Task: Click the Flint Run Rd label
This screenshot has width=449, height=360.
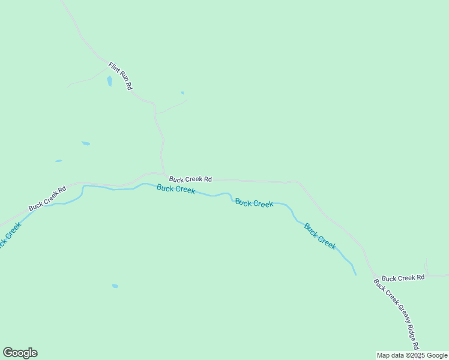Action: click(120, 76)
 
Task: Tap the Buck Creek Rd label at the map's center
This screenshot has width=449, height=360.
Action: click(190, 179)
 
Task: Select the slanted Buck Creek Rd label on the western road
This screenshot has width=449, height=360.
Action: click(47, 198)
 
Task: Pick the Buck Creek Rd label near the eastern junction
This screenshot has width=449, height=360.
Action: click(403, 278)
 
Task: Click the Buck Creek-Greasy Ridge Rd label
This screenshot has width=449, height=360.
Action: click(396, 314)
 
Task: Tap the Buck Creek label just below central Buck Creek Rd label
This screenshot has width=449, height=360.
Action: click(176, 189)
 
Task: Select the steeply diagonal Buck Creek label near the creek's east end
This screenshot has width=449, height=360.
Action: click(320, 236)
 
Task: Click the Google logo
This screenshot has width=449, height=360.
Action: click(20, 353)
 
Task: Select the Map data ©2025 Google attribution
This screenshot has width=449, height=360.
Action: click(412, 355)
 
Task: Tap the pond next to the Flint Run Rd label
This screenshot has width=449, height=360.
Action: click(109, 81)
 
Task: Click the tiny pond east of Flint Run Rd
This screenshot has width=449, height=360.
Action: click(182, 93)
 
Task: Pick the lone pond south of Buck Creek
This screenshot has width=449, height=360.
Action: click(115, 286)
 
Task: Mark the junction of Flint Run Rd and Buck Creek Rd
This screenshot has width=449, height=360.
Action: click(163, 174)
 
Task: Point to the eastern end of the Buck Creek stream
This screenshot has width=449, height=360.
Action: click(355, 274)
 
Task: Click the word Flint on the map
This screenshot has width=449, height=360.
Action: click(114, 67)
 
